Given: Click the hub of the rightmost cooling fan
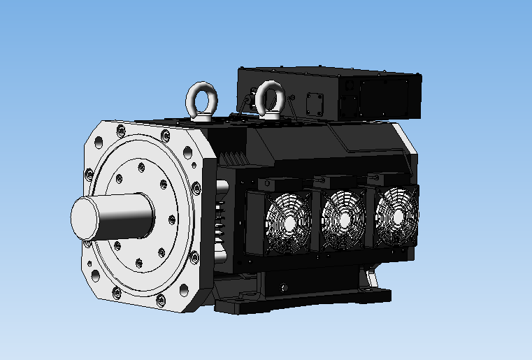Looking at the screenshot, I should tap(396, 215).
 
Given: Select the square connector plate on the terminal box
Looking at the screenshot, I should tap(314, 104).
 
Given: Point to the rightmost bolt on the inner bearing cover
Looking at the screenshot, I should tap(171, 220).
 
